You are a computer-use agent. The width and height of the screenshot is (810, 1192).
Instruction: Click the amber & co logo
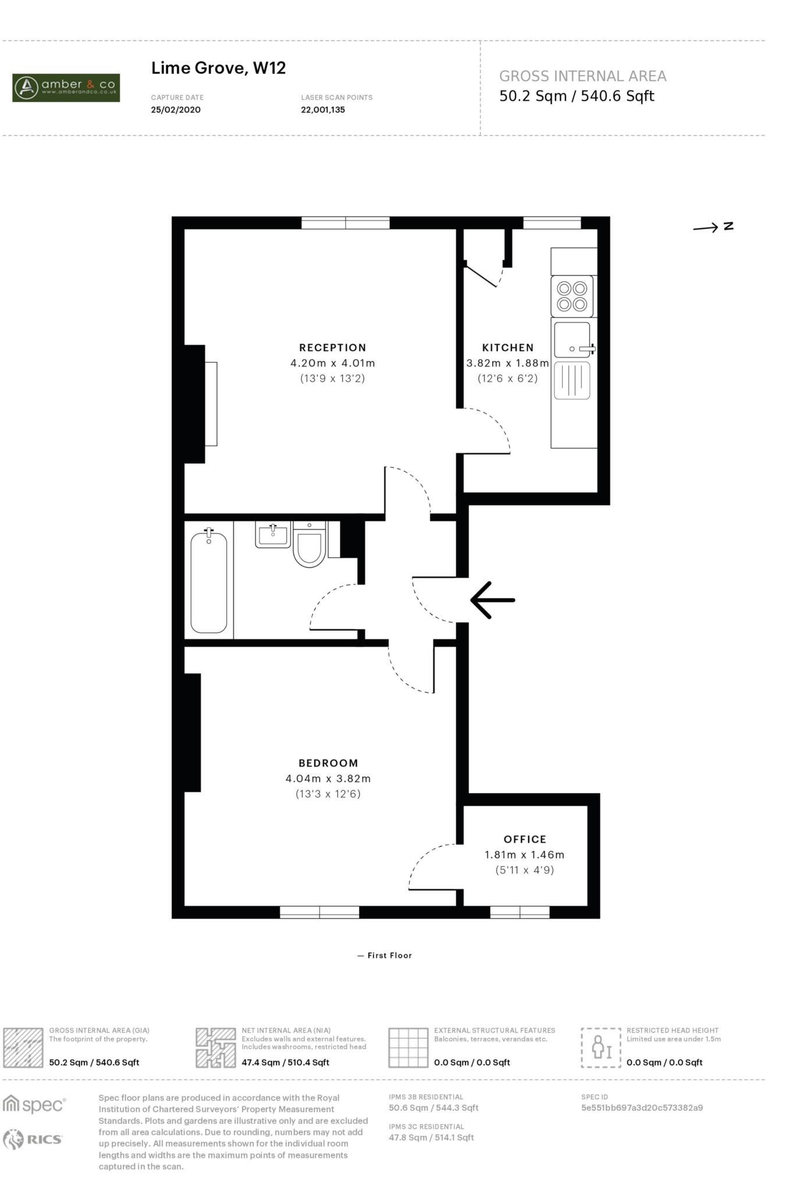[66, 88]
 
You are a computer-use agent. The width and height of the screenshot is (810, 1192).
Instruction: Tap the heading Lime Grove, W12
[218, 68]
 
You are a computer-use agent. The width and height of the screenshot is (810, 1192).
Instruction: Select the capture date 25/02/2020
[176, 109]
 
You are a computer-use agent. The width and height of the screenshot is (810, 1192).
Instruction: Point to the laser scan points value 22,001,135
[323, 109]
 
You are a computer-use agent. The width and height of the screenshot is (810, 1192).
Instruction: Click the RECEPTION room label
[332, 347]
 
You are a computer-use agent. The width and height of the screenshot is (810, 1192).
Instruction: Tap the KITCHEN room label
[507, 347]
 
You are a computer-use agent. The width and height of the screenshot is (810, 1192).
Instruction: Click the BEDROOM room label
[328, 763]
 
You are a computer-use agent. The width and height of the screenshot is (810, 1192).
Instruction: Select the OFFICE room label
[525, 839]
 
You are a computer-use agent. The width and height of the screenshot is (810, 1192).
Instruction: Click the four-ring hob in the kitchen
[571, 296]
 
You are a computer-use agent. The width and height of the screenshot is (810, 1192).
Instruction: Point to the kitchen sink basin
[571, 339]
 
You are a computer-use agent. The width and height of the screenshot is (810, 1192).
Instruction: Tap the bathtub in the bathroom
[209, 582]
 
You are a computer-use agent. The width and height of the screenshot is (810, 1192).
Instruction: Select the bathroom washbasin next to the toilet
[272, 534]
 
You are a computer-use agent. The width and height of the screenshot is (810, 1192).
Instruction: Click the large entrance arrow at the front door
[492, 599]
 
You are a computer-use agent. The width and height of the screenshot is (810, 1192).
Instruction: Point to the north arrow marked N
[712, 227]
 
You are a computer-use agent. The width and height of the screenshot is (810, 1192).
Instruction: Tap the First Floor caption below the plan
[385, 955]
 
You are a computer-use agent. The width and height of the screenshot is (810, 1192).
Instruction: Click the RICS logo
[33, 1139]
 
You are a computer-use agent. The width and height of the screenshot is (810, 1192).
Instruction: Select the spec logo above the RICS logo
[34, 1104]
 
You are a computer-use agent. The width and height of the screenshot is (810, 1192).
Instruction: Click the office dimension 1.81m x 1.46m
[524, 854]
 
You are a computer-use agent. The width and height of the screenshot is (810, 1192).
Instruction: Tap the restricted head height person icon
[601, 1048]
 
